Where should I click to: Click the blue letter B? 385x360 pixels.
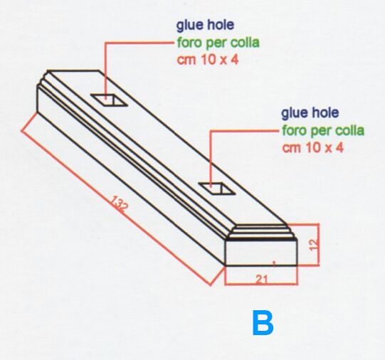point(263,323)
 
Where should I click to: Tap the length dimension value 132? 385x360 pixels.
point(119,203)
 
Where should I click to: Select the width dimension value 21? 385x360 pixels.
point(262,279)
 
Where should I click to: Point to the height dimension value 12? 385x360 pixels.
point(314,245)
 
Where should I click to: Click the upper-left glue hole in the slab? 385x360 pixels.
point(109,100)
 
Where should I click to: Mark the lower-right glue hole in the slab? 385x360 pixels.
point(217,189)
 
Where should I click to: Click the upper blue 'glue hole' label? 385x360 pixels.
point(205,26)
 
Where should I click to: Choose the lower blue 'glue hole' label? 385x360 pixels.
point(310,113)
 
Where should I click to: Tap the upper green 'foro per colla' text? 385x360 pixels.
point(218,43)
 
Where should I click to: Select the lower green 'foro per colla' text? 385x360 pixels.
point(323,130)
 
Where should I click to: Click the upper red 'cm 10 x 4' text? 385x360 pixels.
point(208,60)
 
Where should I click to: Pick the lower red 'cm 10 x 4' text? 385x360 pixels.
point(312,148)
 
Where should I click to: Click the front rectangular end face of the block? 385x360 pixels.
point(261,253)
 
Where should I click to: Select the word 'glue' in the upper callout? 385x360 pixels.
point(190,26)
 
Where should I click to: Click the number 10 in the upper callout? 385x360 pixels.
point(209,60)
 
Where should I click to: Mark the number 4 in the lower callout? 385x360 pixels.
point(340,148)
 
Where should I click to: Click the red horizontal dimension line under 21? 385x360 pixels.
point(261,285)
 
